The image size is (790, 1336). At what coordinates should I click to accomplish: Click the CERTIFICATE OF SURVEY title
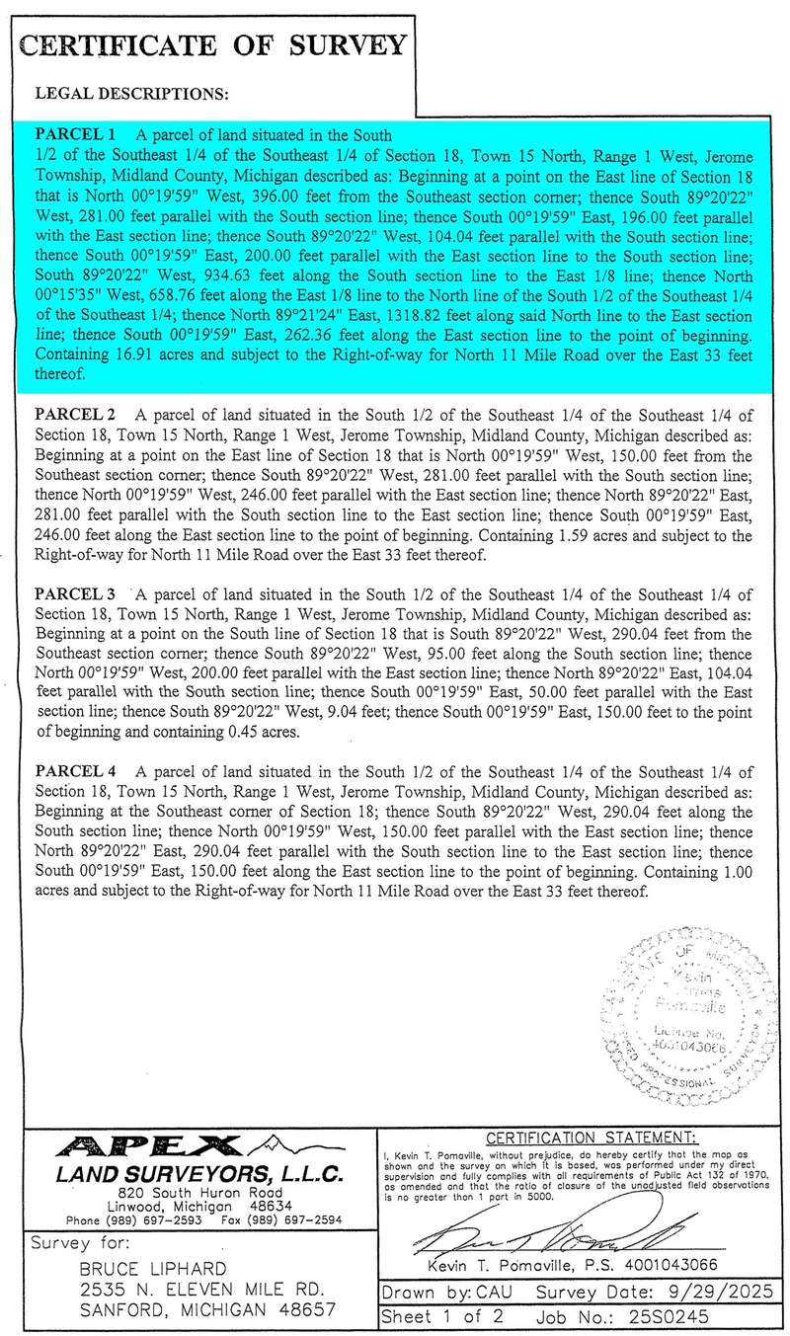pyautogui.click(x=213, y=45)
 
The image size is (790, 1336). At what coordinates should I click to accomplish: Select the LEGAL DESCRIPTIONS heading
pyautogui.click(x=131, y=95)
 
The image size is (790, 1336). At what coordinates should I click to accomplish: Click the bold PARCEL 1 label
pyautogui.click(x=76, y=133)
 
